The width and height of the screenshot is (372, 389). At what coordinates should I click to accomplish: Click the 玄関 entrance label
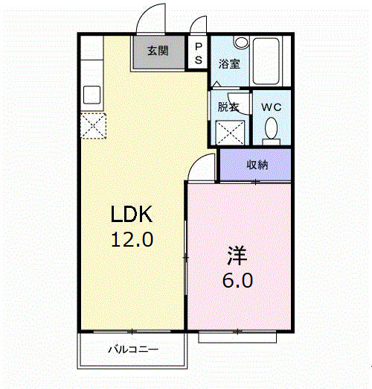pyautogui.click(x=157, y=51)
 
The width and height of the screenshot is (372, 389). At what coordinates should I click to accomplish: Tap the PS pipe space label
pyautogui.click(x=198, y=52)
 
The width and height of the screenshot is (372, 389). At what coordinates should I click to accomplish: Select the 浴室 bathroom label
pyautogui.click(x=229, y=64)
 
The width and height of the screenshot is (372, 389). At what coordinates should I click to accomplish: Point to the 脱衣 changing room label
pyautogui.click(x=228, y=107)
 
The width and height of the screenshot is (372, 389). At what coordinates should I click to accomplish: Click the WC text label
pyautogui.click(x=271, y=107)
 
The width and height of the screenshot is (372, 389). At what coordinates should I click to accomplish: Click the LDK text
pyautogui.click(x=132, y=215)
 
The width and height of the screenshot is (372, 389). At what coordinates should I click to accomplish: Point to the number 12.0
pyautogui.click(x=132, y=240)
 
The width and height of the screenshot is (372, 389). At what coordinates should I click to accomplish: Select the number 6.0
pyautogui.click(x=238, y=281)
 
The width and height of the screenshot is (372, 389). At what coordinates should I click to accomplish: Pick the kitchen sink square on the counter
pyautogui.click(x=93, y=95)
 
